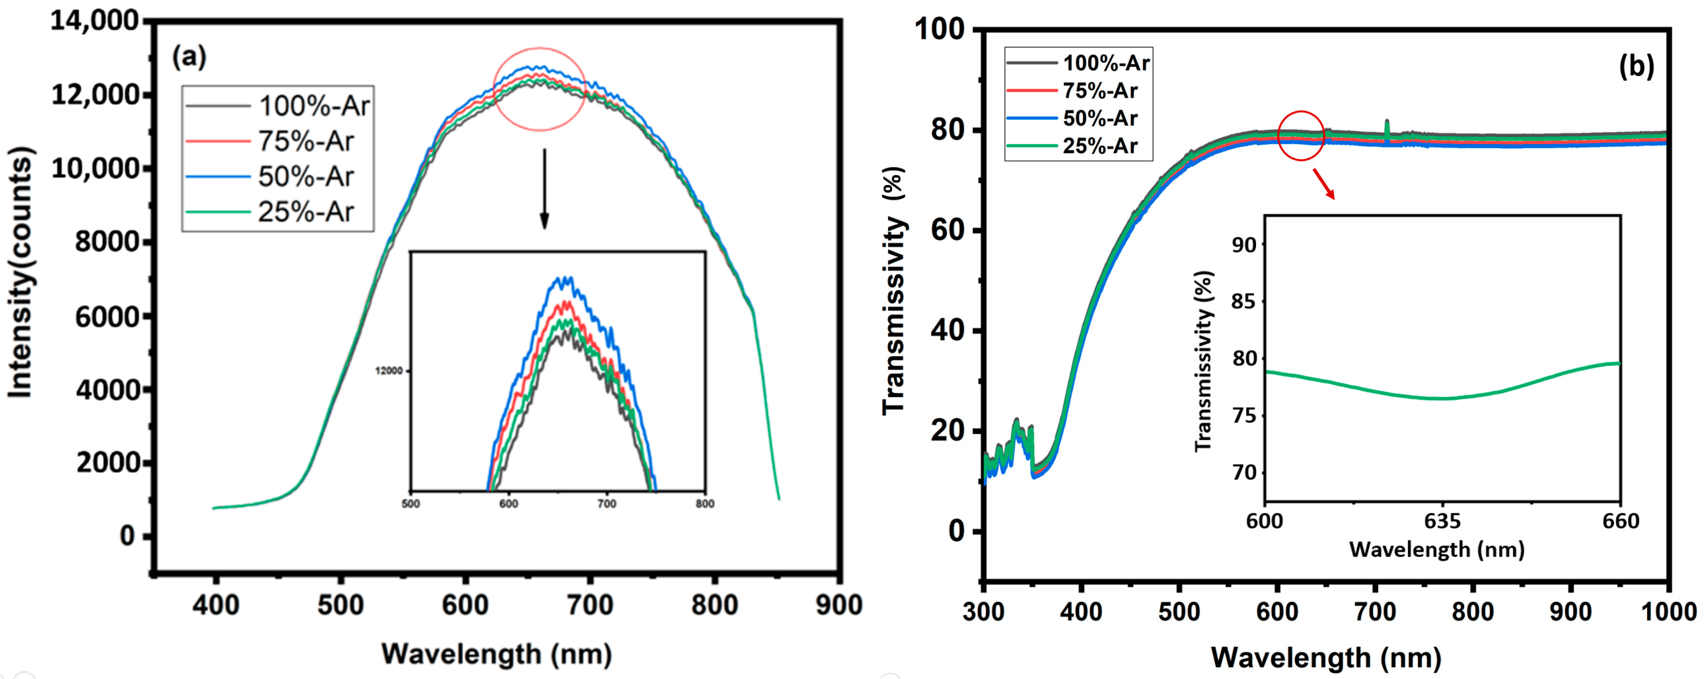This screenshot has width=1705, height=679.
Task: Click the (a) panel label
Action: [x=189, y=57]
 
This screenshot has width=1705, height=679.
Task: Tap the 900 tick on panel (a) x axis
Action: [x=839, y=605]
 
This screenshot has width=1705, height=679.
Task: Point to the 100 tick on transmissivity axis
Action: [x=939, y=30]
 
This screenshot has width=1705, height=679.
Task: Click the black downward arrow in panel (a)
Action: [x=544, y=189]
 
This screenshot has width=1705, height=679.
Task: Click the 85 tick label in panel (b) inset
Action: [x=1243, y=302]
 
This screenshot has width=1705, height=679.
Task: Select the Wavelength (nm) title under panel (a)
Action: [x=496, y=654]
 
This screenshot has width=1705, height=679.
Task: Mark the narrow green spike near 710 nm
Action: [x=1387, y=129]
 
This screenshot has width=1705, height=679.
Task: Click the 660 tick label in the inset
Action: [x=1620, y=521]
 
